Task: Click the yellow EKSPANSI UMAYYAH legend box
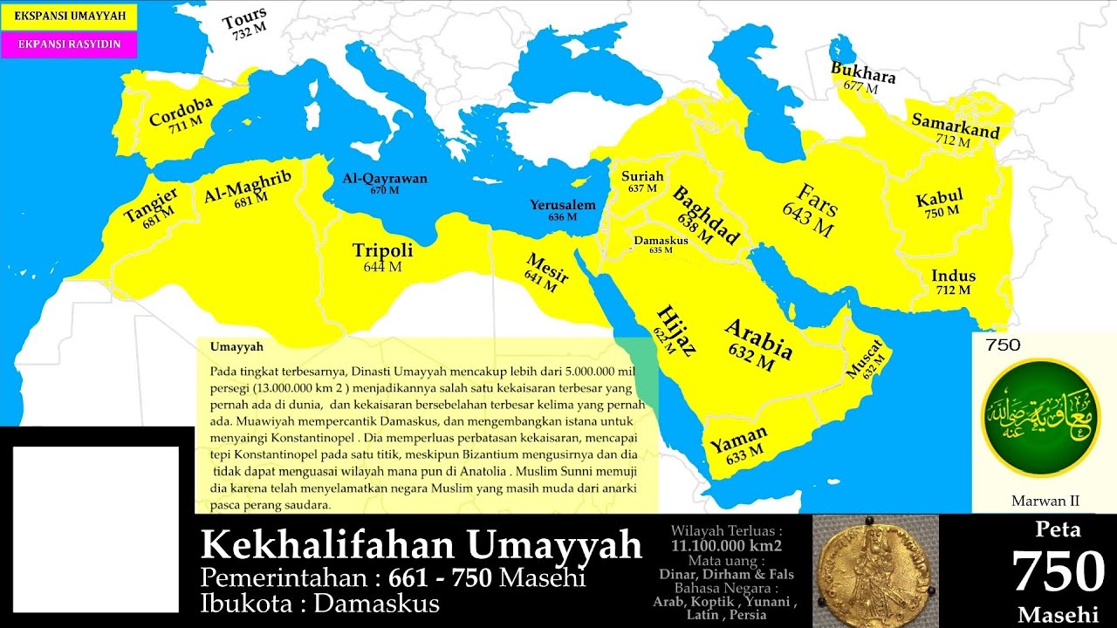[69, 17]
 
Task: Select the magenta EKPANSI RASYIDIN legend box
[69, 44]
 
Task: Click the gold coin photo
[875, 570]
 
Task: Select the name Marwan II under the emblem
[1045, 501]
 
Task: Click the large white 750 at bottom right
[1058, 572]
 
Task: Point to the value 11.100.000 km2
[726, 545]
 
